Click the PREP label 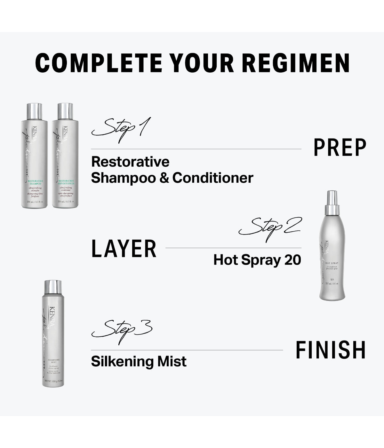point(340,148)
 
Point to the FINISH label point(330,350)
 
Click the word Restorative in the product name point(130,162)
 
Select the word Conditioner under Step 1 point(213,178)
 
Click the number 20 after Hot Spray point(293,260)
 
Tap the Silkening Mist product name point(139,361)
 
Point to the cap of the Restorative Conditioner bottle point(65,110)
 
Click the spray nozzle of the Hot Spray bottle point(332,197)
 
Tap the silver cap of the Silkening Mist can point(53,287)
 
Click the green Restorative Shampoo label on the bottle point(35,182)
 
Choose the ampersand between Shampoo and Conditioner point(164,178)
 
